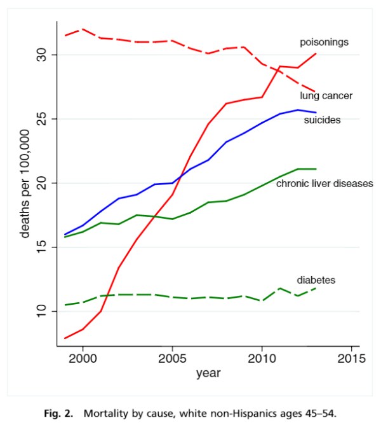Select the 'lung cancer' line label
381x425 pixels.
click(326, 95)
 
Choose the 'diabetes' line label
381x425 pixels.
click(316, 280)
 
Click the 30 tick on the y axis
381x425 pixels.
click(42, 55)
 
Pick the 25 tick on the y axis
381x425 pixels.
click(42, 119)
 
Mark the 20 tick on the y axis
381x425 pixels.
click(42, 183)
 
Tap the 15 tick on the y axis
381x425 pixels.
click(42, 247)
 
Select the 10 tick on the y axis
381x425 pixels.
click(42, 311)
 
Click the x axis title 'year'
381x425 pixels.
click(208, 373)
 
